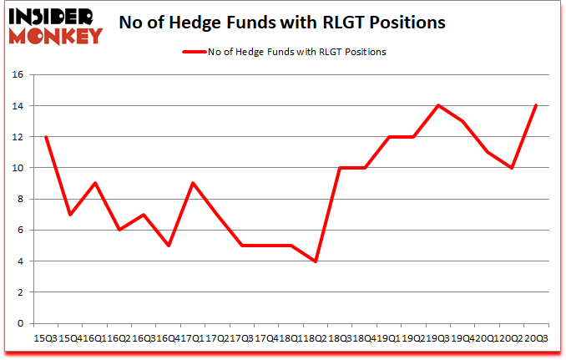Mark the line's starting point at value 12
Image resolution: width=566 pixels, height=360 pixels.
[x=45, y=137]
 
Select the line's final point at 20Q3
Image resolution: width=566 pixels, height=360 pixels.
[x=536, y=105]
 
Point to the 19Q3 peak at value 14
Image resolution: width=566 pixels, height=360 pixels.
[x=437, y=105]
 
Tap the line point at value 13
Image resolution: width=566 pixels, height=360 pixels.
[x=462, y=121]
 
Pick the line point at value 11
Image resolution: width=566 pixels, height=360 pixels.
[x=487, y=152]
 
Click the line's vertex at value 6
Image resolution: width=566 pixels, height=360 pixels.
[x=119, y=230]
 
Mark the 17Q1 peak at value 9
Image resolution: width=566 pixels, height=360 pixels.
[x=192, y=183]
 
